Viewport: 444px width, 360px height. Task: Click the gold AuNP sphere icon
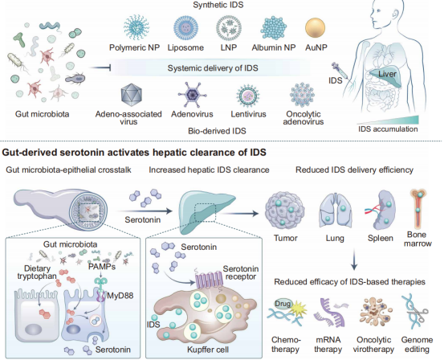click(316, 28)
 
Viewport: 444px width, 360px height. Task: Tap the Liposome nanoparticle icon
click(185, 28)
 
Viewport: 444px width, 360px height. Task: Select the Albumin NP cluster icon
click(274, 28)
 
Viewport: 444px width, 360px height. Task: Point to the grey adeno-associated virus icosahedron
click(131, 94)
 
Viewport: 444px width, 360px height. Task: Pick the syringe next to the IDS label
click(340, 71)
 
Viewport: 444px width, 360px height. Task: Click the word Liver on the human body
click(387, 74)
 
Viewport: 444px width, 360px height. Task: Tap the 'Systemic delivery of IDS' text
click(213, 68)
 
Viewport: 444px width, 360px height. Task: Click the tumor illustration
click(284, 210)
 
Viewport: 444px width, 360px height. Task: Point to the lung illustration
click(336, 211)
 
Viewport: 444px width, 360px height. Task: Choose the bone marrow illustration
click(418, 209)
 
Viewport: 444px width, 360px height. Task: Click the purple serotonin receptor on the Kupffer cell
click(210, 279)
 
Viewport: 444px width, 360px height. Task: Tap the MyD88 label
click(120, 296)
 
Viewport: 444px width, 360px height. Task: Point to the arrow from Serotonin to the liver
click(145, 211)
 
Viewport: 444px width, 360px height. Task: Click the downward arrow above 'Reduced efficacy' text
click(354, 260)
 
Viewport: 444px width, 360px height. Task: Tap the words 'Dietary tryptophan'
click(37, 272)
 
